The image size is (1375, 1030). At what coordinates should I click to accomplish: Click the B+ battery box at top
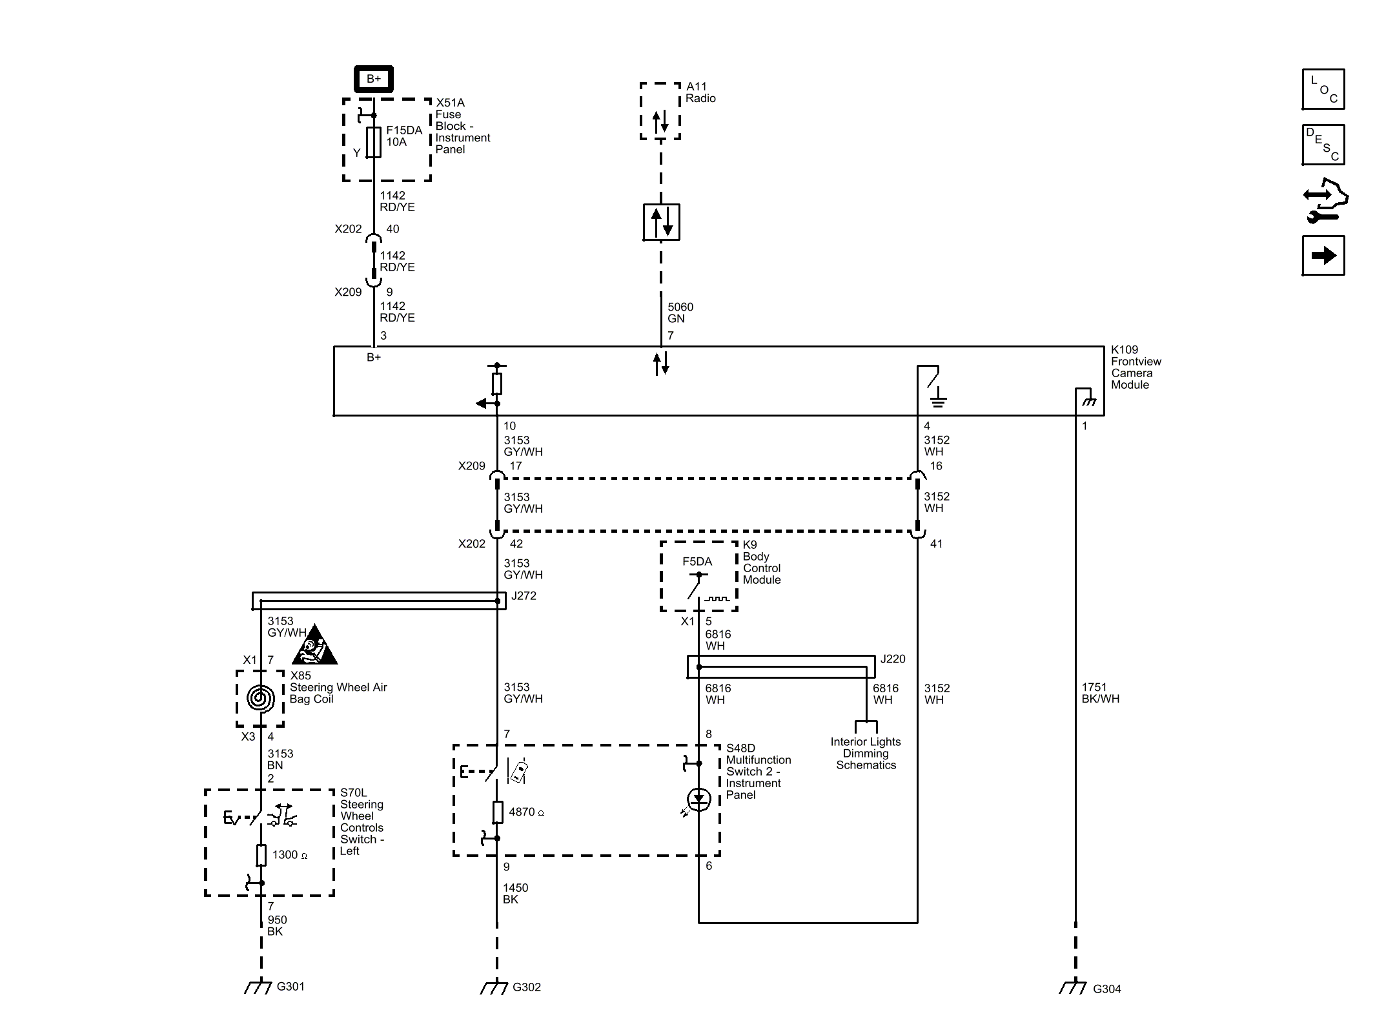coord(373,79)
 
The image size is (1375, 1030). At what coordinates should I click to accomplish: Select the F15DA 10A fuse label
coord(404,136)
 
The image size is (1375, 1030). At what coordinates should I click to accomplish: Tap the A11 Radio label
coord(700,92)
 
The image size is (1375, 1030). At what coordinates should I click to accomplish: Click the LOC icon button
coord(1323,89)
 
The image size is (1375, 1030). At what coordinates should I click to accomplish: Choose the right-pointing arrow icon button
coord(1323,256)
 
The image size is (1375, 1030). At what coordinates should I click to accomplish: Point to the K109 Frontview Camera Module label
coord(1135,367)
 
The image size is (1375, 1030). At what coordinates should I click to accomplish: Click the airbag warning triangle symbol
coord(314,646)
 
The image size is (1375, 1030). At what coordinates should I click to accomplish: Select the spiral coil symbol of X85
coord(260,698)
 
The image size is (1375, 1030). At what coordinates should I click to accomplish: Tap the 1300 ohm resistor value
coord(289,855)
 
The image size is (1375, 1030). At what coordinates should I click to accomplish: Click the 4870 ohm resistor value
coord(526,812)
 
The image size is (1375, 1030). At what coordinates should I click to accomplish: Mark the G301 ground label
coord(290,987)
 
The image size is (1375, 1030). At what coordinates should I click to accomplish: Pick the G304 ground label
coord(1106,989)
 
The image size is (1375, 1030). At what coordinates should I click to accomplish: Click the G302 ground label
coord(526,987)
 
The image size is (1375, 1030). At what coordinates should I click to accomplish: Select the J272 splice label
coord(524,596)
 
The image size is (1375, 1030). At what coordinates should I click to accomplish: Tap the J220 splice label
coord(893,659)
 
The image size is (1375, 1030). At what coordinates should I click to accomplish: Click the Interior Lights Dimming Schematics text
coord(866,754)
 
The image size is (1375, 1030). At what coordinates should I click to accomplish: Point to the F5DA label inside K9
coord(697,562)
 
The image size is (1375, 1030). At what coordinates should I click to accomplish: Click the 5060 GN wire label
coord(680,313)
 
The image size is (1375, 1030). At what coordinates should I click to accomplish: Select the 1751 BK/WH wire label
coord(1100,693)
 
